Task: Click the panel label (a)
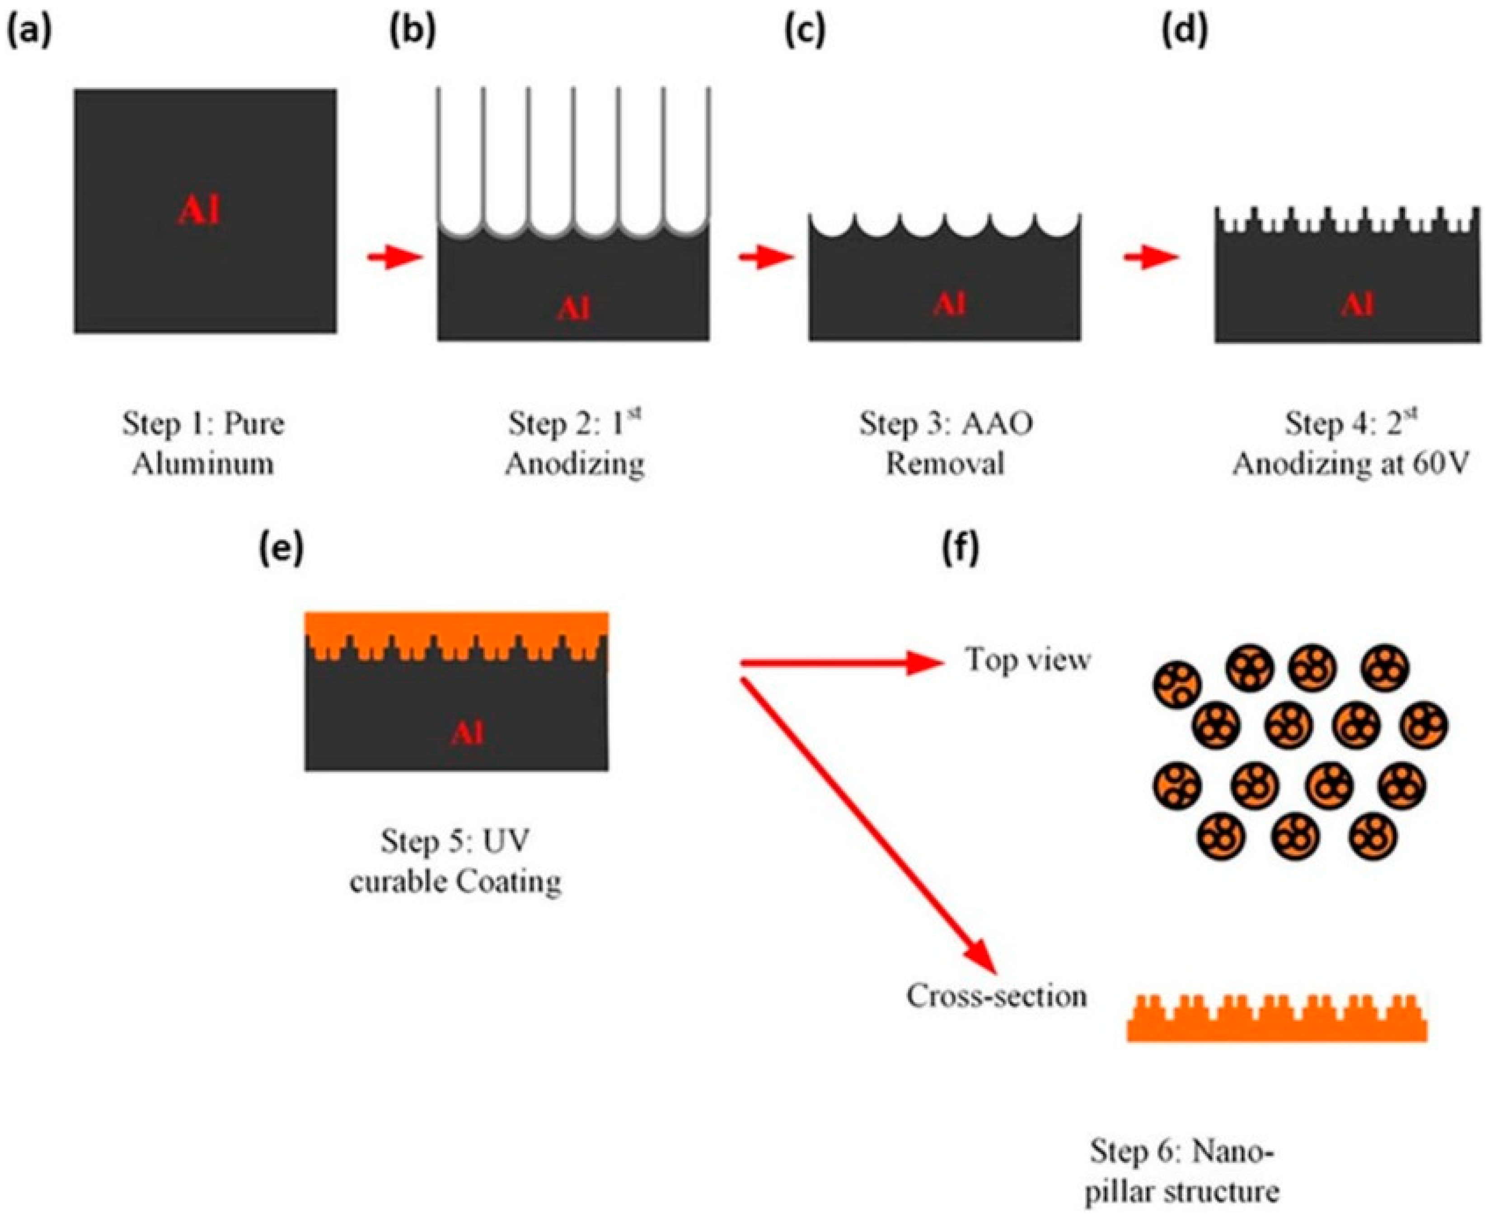pos(29,32)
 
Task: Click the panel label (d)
pos(1185,32)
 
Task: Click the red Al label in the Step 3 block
pos(949,304)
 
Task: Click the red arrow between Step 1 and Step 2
pos(394,257)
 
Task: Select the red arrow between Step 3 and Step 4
pos(1151,258)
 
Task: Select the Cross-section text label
pos(996,995)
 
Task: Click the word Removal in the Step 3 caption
pos(944,464)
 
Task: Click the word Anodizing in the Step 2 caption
pos(574,464)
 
